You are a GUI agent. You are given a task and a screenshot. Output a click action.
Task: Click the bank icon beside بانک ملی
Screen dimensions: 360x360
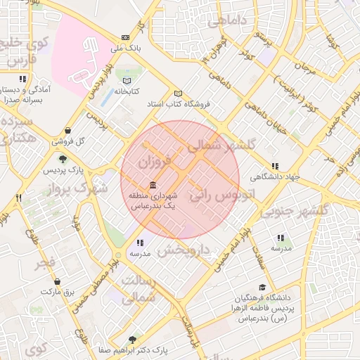[x=125, y=37]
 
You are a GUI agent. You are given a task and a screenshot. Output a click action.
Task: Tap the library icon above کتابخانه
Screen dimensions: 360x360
[x=127, y=80]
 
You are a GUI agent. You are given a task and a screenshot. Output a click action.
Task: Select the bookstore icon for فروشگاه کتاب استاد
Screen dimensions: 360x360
[x=178, y=94]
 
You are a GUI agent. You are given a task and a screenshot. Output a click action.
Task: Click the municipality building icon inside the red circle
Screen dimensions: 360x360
[x=153, y=185]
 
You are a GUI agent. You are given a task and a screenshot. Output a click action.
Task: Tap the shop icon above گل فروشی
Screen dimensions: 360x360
[x=67, y=130]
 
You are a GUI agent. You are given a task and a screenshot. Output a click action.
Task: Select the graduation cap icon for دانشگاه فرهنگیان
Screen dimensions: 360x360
[x=262, y=287]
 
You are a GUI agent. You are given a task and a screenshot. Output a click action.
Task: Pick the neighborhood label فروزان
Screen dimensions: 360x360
[x=154, y=162]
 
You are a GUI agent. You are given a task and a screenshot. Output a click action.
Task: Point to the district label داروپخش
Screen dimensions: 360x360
[x=184, y=250]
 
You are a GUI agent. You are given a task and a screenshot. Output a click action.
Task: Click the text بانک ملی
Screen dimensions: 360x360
[x=127, y=49]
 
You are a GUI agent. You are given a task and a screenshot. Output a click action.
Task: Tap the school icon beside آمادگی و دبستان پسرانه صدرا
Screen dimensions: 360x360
[x=22, y=79]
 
